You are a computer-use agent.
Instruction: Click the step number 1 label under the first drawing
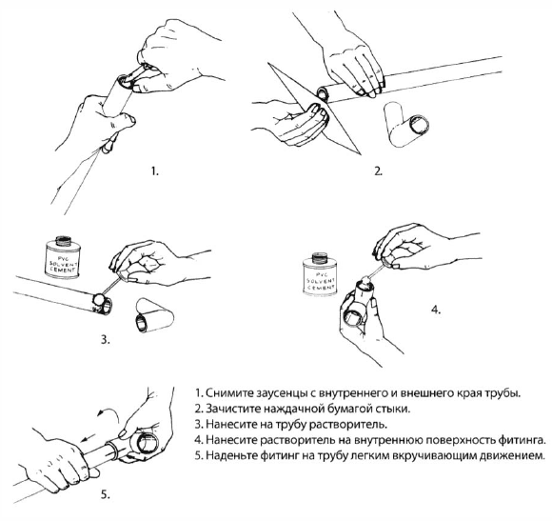tap(155, 171)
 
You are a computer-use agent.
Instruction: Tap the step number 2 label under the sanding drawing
tap(378, 171)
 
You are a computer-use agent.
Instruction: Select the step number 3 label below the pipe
tap(106, 340)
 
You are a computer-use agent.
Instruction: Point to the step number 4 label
tap(436, 311)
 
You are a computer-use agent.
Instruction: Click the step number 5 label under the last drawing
tap(106, 494)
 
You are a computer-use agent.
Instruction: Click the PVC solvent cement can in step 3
tap(63, 257)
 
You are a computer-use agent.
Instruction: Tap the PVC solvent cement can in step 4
tap(320, 274)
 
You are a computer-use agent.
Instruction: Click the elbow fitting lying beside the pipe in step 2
tap(405, 125)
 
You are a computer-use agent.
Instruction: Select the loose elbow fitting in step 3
tap(154, 315)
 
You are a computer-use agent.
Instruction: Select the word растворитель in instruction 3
tap(347, 425)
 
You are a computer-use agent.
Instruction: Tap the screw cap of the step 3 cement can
tap(64, 241)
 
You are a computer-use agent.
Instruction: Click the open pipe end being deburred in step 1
tap(123, 81)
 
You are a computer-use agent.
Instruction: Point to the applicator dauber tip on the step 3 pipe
tap(98, 300)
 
